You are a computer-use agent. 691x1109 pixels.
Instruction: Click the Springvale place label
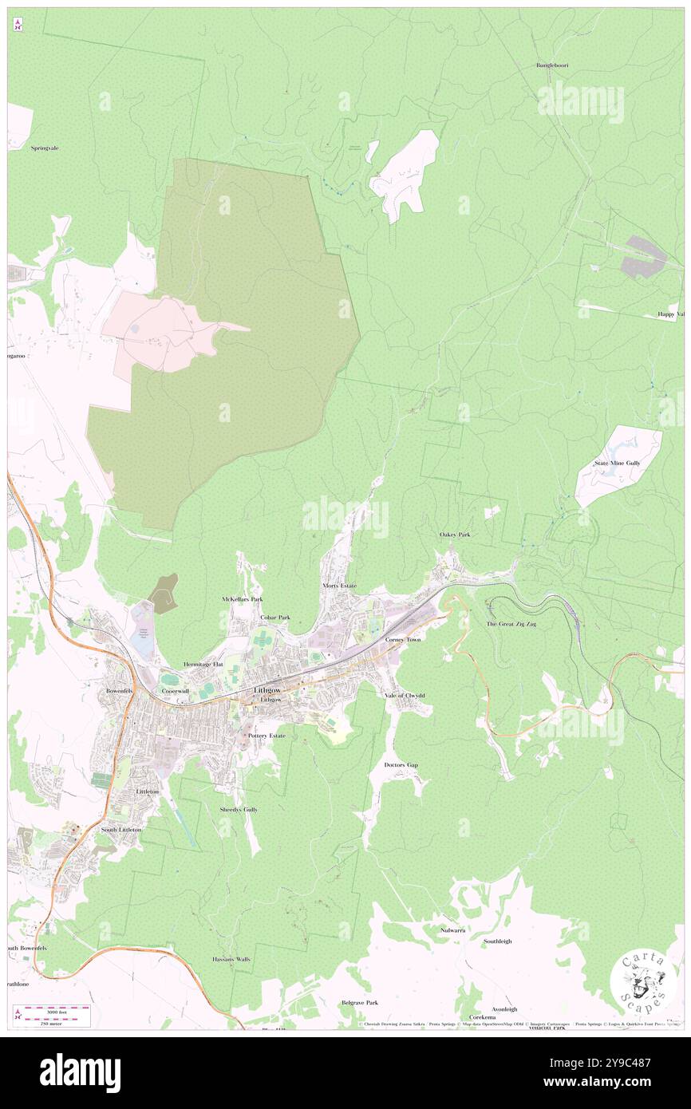coord(45,148)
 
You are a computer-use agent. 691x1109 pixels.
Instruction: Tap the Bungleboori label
coord(551,64)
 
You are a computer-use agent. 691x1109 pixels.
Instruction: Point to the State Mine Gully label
coord(617,463)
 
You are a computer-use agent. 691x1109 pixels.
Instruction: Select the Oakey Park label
coord(455,535)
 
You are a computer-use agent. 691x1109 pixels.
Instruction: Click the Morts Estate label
coord(339,586)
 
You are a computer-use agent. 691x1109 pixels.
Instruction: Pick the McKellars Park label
coord(242,598)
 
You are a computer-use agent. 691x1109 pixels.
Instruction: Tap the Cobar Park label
coord(274,618)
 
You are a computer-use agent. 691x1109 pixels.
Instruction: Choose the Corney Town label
coord(402,640)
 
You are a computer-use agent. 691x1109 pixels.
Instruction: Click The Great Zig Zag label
coord(511,623)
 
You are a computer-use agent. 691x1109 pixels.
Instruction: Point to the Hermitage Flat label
coord(205,664)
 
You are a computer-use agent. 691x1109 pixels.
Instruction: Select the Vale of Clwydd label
coord(405,696)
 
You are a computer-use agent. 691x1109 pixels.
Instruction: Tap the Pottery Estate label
coord(267,736)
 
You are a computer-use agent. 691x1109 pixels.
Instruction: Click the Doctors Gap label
coord(401,765)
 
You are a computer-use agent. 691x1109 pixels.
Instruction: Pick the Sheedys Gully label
coord(239,809)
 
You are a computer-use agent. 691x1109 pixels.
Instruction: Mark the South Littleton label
coord(121,830)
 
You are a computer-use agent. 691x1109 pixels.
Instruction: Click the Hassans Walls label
coord(231,959)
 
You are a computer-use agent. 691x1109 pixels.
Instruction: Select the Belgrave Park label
coord(360,1002)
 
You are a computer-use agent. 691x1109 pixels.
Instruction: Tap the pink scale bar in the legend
coord(52,1008)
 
